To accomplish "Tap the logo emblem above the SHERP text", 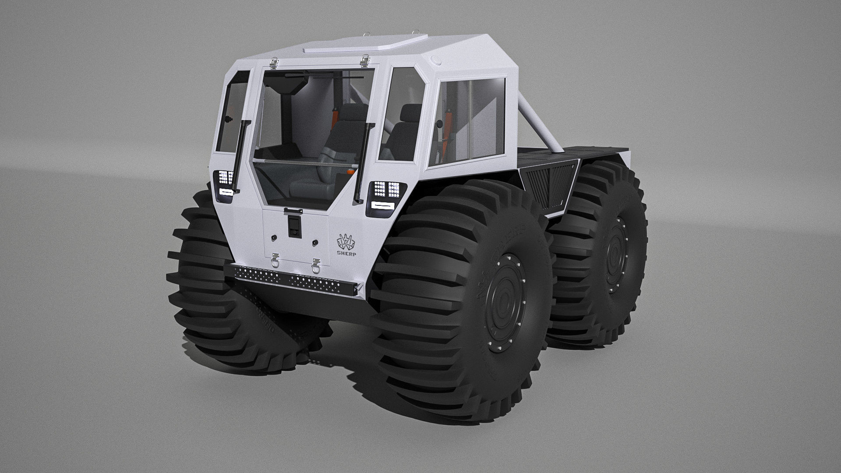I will pyautogui.click(x=346, y=241).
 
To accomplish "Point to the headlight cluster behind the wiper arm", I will pyautogui.click(x=225, y=183).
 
